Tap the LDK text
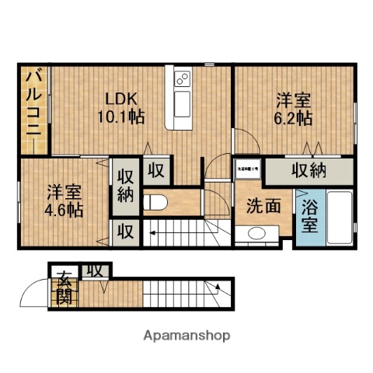coord(123,99)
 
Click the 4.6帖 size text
coord(63,209)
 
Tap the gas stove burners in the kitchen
coord(183,79)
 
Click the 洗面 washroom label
coord(263,206)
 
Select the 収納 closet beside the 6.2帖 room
coord(308,170)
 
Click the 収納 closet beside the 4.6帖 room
coord(125,186)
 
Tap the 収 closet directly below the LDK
coord(155,170)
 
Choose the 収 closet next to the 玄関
coord(96,270)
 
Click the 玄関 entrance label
coord(62,287)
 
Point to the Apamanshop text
coord(186,336)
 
